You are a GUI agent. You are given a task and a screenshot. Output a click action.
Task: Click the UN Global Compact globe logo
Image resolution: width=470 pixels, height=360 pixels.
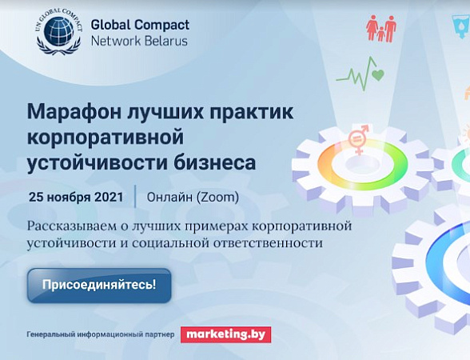coord(59,32)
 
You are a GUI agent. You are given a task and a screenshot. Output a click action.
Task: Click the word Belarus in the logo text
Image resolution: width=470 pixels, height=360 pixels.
coord(164,41)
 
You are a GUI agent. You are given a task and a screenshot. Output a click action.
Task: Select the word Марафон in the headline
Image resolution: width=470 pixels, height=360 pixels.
coord(72,113)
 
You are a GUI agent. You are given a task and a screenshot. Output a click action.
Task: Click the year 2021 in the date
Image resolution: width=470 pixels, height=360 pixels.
coord(109,197)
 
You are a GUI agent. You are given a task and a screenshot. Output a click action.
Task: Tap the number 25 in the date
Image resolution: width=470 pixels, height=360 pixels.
coord(36,197)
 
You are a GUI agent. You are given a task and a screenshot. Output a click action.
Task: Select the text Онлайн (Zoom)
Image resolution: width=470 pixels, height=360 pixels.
coord(193,198)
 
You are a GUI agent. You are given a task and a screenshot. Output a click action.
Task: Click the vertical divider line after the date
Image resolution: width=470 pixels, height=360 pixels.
coord(136,197)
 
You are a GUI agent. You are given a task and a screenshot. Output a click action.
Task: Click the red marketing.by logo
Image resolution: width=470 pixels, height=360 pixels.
coord(225,334)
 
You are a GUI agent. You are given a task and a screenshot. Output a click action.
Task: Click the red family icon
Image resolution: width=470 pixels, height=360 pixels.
coord(381,29)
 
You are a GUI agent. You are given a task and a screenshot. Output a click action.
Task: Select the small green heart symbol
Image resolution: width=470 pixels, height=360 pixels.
coord(378,74)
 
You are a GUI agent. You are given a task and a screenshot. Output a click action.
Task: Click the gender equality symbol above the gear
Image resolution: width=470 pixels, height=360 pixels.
coord(358,139)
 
